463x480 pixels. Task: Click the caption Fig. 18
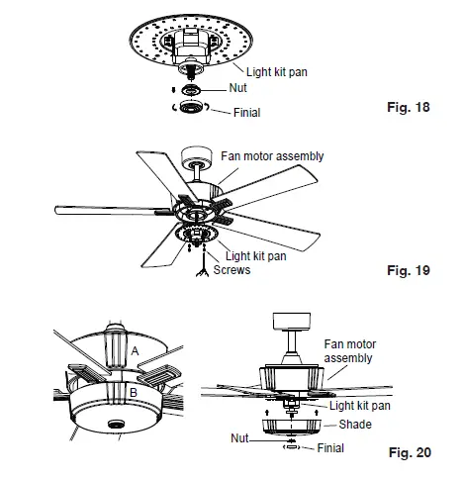[x=408, y=106]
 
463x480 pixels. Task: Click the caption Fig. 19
[x=407, y=268]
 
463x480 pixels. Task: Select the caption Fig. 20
[x=408, y=453]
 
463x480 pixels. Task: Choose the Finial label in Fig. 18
[x=246, y=113]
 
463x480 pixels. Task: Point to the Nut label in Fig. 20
[x=241, y=436]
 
